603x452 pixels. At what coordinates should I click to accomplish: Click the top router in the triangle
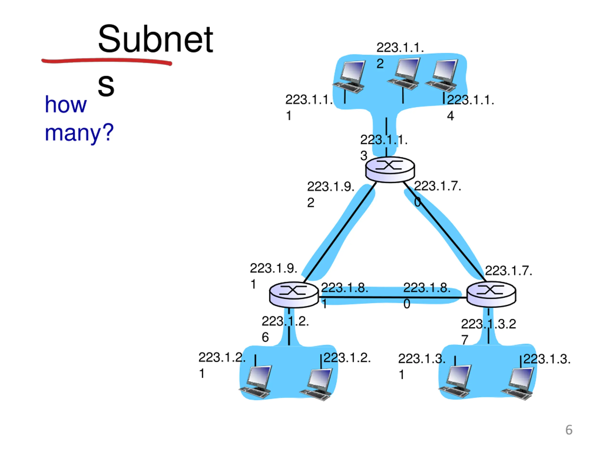[x=390, y=169]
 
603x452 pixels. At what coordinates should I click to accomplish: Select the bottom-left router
[x=293, y=295]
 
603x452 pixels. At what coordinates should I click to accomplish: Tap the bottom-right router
[x=491, y=295]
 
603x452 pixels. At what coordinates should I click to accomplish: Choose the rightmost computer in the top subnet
[x=442, y=76]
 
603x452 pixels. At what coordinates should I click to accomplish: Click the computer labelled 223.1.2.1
[x=256, y=381]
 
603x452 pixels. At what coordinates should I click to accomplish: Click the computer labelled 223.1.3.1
[x=455, y=381]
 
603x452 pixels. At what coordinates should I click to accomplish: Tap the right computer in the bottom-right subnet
[x=517, y=384]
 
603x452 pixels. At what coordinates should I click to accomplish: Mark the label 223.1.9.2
[x=331, y=194]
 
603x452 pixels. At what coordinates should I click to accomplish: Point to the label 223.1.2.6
[x=285, y=329]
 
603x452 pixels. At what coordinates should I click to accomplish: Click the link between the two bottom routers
[x=393, y=298]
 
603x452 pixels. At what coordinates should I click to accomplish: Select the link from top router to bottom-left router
[x=340, y=232]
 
